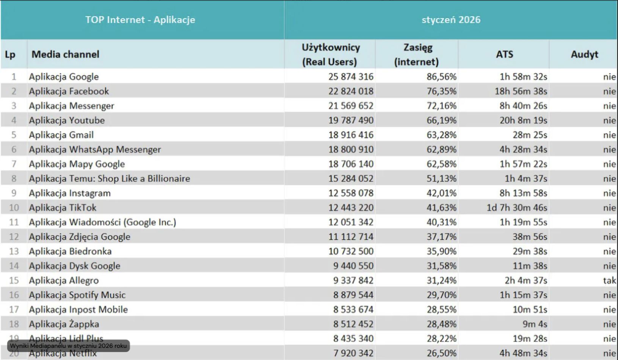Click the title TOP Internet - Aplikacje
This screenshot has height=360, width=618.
click(x=140, y=20)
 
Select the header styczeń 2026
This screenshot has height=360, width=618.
click(x=451, y=20)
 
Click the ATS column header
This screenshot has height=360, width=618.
click(x=504, y=54)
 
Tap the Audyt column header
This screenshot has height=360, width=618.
click(x=584, y=54)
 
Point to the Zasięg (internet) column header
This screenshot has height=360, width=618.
click(x=417, y=54)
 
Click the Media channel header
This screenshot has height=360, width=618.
click(x=65, y=54)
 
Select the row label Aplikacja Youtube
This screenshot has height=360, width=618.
click(x=67, y=121)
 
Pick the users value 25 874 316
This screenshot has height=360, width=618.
click(x=351, y=77)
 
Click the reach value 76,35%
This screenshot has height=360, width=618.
click(x=441, y=91)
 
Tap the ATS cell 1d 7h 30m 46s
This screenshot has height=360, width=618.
click(x=517, y=208)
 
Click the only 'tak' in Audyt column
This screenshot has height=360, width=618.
click(x=609, y=280)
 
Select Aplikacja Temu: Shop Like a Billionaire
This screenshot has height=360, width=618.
click(x=109, y=178)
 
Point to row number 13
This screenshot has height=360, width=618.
click(x=14, y=251)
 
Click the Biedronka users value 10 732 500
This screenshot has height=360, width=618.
click(x=351, y=251)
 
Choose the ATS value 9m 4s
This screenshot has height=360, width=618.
click(x=535, y=324)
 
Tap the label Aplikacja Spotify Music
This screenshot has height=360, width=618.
click(x=77, y=295)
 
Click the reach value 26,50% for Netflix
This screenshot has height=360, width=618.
click(x=441, y=353)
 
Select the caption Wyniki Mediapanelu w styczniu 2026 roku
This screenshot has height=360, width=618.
click(x=68, y=346)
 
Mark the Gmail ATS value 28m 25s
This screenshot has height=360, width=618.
click(x=530, y=135)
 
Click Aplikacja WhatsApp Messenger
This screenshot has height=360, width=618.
click(x=95, y=150)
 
